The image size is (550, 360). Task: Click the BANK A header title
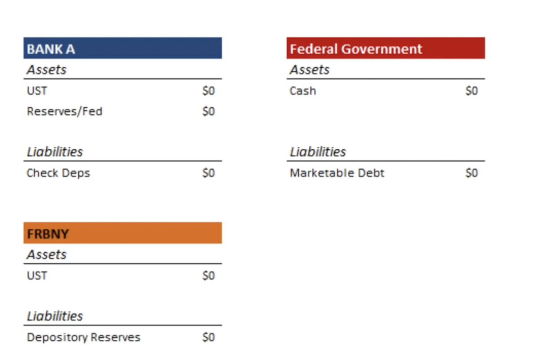click(51, 49)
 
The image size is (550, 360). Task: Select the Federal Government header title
click(356, 49)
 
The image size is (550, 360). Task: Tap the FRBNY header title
click(48, 234)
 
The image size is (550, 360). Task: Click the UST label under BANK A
click(37, 91)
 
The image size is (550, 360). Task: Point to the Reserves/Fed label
click(65, 111)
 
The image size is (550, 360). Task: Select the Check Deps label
click(58, 173)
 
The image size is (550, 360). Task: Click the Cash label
click(303, 91)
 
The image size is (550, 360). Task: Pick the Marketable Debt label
click(337, 173)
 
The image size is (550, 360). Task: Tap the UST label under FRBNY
click(37, 276)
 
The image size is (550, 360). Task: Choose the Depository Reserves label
click(84, 337)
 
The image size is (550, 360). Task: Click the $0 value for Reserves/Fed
click(209, 111)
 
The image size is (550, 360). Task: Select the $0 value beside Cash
click(472, 91)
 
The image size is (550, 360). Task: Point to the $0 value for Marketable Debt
click(472, 173)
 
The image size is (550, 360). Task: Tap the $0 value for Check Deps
click(209, 173)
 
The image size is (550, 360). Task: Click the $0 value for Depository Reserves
click(209, 337)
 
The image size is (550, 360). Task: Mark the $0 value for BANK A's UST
click(209, 91)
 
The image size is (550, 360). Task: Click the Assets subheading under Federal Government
click(310, 70)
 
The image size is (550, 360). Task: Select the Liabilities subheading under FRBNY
click(55, 316)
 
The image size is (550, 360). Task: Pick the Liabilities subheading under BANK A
click(55, 151)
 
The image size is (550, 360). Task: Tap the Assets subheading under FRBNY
click(47, 254)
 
